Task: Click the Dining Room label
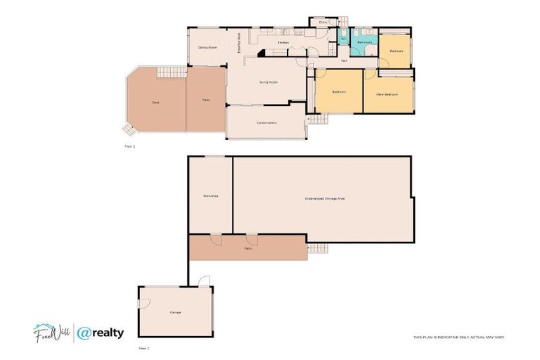coord(207,47)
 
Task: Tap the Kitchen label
coord(283,43)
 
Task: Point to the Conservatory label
coord(266,123)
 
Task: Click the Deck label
coord(155,103)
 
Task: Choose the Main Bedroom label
coord(387,94)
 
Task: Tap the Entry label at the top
coord(323,22)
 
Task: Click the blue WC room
coord(344,39)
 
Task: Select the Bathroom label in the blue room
coord(364,42)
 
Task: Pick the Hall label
coord(344,61)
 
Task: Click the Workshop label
coord(210,195)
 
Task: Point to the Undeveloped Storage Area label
coord(325,199)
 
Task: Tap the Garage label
coord(176,312)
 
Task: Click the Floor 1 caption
coord(143,348)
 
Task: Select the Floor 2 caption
coord(129,146)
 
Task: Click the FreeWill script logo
coord(50,332)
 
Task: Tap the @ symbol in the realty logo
coord(85,333)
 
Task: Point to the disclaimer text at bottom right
coord(458,337)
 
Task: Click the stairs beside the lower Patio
coord(319,247)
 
